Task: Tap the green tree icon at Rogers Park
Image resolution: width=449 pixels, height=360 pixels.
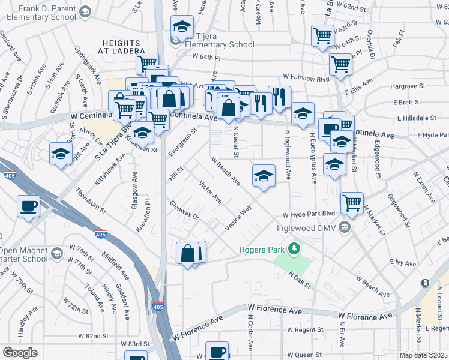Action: tap(294, 248)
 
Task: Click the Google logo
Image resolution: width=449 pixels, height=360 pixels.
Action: tap(20, 353)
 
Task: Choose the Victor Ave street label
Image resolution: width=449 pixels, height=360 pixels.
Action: tap(210, 192)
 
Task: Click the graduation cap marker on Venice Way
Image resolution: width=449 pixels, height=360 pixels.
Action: tap(264, 176)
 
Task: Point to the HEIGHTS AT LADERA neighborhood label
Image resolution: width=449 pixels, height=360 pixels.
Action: tap(122, 47)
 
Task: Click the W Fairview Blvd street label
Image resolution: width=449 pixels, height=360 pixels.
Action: tap(306, 78)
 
